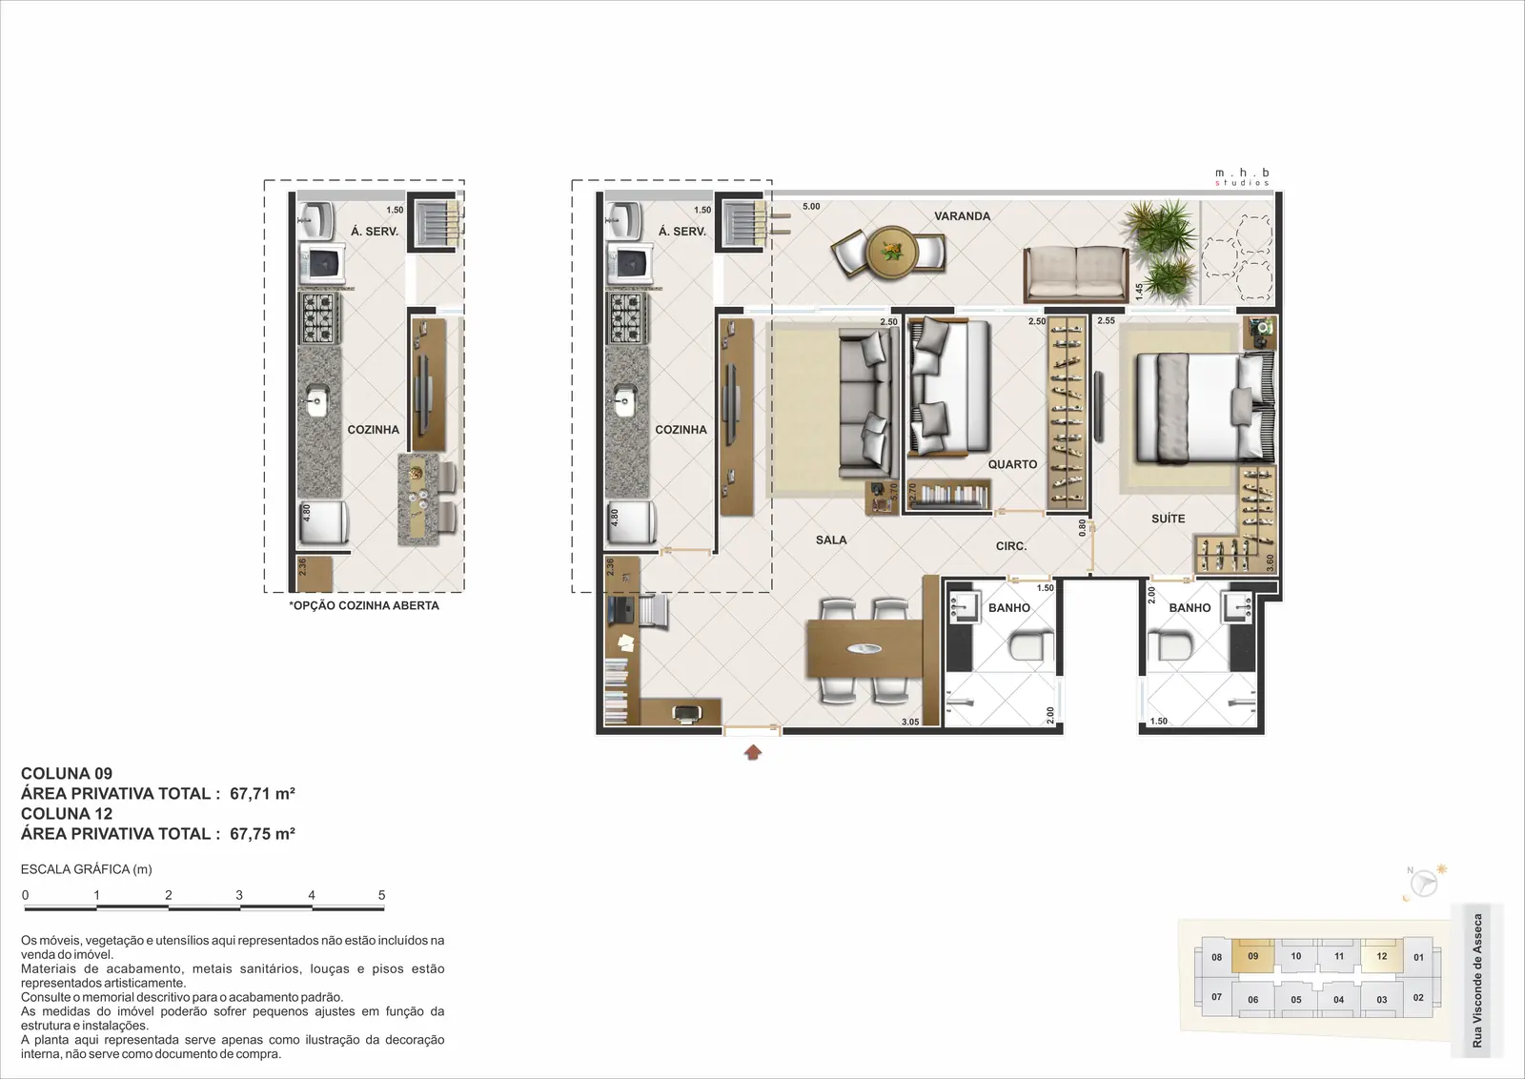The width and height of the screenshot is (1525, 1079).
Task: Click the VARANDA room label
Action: tap(962, 216)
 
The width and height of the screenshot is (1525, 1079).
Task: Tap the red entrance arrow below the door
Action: tap(752, 752)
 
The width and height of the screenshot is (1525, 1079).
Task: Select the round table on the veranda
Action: tap(892, 252)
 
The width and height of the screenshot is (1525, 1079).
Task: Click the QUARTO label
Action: tap(1012, 464)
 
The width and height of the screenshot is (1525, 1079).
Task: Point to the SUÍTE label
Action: tap(1169, 519)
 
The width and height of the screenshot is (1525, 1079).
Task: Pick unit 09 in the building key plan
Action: tap(1252, 956)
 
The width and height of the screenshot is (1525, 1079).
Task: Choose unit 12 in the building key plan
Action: tap(1381, 956)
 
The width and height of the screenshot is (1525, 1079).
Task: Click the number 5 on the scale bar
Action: tap(382, 895)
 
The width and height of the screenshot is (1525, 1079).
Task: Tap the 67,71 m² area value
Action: tap(262, 794)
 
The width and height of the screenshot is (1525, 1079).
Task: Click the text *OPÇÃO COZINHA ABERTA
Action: tap(364, 605)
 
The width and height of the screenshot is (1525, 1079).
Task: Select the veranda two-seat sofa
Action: tap(1076, 274)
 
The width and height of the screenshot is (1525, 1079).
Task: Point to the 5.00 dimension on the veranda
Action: tap(811, 206)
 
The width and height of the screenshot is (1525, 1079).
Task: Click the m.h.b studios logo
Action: tap(1243, 177)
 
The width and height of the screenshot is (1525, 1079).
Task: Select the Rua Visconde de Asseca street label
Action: tap(1476, 980)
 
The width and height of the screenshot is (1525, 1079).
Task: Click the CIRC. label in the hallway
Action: tap(1011, 546)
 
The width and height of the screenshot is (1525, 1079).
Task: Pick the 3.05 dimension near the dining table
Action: tap(910, 722)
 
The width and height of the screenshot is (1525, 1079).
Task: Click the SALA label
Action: tap(831, 539)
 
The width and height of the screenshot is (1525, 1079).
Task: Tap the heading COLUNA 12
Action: tap(67, 813)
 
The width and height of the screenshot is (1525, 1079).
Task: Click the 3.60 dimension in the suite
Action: tap(1270, 562)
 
